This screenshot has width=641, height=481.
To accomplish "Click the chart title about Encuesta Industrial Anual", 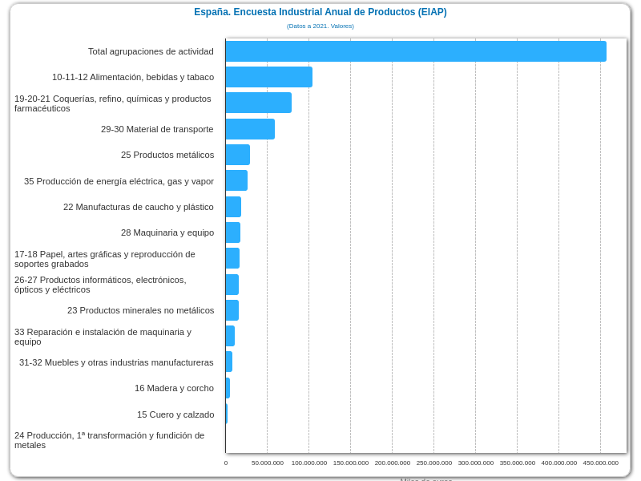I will pyautogui.click(x=320, y=12).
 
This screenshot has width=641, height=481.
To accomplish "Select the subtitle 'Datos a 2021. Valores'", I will pyautogui.click(x=320, y=26).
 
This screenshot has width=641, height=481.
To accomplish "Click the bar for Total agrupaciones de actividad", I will pyautogui.click(x=416, y=51).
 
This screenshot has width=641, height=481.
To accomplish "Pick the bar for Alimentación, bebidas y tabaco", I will pyautogui.click(x=269, y=77).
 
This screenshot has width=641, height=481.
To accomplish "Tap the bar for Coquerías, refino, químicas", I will pyautogui.click(x=259, y=103).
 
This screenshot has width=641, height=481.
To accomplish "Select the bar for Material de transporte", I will pyautogui.click(x=250, y=129).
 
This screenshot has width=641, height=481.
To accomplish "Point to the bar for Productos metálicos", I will pyautogui.click(x=238, y=155).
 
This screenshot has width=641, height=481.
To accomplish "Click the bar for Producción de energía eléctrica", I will pyautogui.click(x=236, y=180).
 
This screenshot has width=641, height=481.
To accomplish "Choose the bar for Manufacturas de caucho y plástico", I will pyautogui.click(x=233, y=207).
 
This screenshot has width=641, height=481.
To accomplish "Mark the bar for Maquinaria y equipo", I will pyautogui.click(x=233, y=232).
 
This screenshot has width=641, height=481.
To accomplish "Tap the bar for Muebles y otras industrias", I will pyautogui.click(x=229, y=362).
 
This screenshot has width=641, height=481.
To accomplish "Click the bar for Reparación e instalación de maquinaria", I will pyautogui.click(x=230, y=336).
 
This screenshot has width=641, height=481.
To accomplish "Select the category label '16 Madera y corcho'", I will pyautogui.click(x=174, y=388).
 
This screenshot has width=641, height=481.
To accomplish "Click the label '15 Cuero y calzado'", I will pyautogui.click(x=175, y=414).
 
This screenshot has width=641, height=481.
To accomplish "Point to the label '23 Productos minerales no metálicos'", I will pyautogui.click(x=140, y=310).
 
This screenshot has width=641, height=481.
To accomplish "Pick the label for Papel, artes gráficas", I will pyautogui.click(x=105, y=259).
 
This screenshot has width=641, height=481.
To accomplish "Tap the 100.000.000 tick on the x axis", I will pyautogui.click(x=309, y=463).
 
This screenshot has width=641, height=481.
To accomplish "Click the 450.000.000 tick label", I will pyautogui.click(x=600, y=463).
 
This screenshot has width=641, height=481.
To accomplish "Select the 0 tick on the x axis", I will pyautogui.click(x=226, y=463).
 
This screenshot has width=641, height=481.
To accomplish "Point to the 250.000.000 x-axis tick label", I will pyautogui.click(x=434, y=463).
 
